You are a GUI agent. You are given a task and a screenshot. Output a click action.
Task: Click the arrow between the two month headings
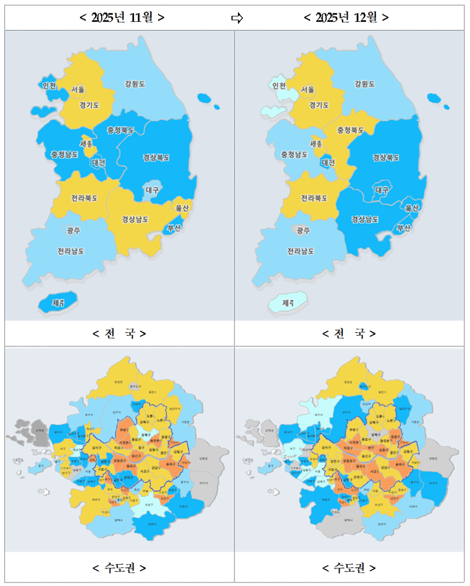237,18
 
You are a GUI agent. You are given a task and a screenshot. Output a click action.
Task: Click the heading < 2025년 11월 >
122,18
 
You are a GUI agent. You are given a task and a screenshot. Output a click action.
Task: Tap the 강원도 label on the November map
135,84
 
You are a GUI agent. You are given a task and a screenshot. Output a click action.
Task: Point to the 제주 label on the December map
288,303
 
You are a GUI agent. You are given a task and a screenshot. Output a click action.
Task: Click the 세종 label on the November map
86,143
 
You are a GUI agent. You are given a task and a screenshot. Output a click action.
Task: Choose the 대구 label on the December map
382,190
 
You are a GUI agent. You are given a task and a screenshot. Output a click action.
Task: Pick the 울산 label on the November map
181,208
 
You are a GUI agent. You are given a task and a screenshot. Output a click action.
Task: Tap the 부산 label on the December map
404,228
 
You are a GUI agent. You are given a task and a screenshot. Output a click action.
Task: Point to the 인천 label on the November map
49,86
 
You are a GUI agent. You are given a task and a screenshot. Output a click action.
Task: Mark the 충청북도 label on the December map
350,130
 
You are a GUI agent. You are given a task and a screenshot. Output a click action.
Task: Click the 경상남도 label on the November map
135,219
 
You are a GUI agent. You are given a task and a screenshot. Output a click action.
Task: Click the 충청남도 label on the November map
64,154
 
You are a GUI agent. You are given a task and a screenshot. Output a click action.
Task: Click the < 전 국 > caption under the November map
119,334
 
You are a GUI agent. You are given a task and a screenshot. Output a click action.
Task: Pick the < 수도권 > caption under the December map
349,568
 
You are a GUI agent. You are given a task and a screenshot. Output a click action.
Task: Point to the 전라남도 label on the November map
70,251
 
